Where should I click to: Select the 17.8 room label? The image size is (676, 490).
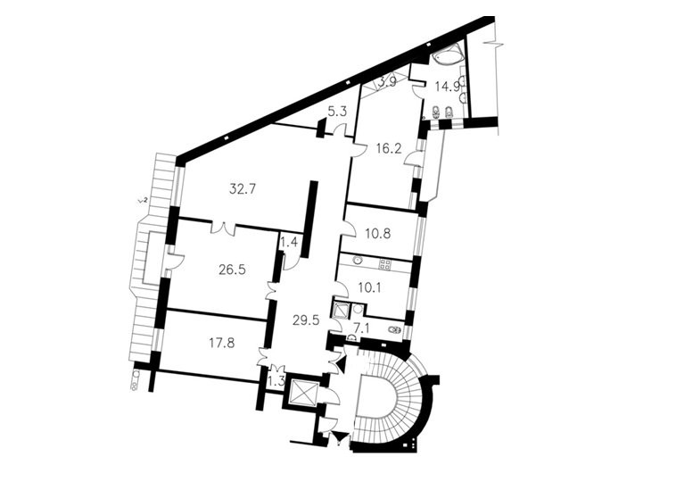(222, 344)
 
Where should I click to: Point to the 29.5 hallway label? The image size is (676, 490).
(307, 320)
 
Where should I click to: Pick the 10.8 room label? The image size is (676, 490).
(377, 233)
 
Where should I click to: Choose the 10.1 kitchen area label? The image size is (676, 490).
(369, 287)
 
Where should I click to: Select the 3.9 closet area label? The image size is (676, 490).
(388, 82)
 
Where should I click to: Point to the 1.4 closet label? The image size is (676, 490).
(289, 243)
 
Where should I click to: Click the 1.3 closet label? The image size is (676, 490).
(276, 381)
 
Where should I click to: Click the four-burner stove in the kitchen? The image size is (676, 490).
(384, 264)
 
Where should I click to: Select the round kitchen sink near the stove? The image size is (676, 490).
(357, 260)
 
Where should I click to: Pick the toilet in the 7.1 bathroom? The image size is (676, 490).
(394, 331)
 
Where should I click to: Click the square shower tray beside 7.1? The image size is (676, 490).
(342, 310)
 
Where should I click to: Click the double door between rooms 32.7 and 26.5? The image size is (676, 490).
(223, 228)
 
